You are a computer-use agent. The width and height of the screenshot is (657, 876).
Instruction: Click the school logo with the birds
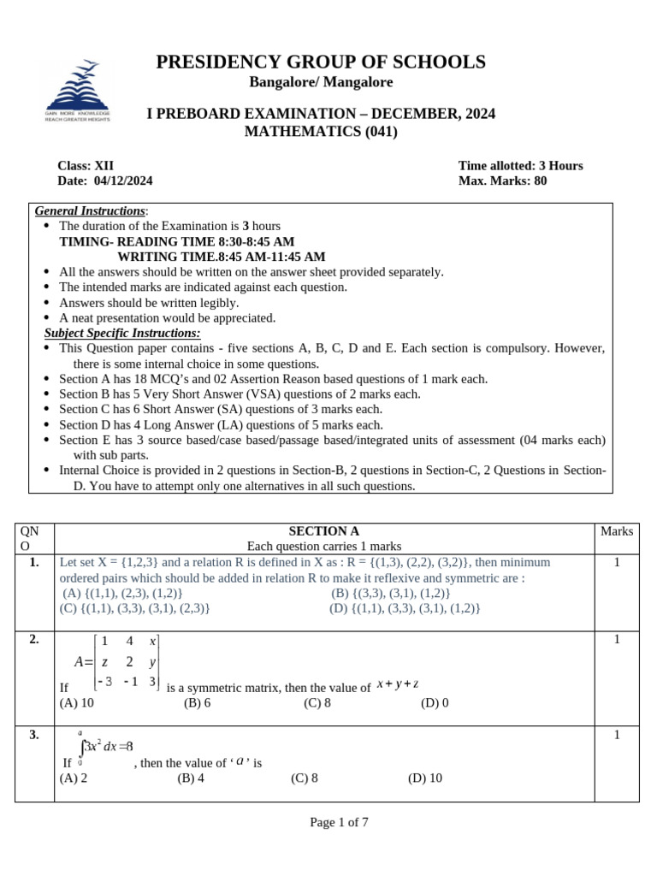pos(77,90)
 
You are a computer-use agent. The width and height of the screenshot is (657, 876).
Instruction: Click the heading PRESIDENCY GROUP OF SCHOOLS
pos(321,62)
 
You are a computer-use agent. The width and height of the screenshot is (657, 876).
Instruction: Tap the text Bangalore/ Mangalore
pos(321,82)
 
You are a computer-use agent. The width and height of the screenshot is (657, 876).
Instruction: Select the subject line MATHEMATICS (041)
pos(321,132)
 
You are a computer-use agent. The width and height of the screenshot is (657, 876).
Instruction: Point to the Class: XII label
pos(86,165)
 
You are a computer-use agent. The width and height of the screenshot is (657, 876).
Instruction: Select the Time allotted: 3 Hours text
pos(520,165)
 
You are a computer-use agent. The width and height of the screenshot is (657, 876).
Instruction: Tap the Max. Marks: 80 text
pos(502,181)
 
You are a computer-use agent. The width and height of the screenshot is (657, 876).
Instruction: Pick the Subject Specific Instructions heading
pos(122,333)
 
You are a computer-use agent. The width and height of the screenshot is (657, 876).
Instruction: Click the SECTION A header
pos(324,531)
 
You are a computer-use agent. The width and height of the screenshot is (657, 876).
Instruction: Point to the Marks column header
pos(617,531)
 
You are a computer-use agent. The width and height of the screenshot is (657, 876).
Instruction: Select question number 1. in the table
pos(34,562)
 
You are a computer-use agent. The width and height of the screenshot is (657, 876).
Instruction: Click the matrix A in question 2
pos(117,661)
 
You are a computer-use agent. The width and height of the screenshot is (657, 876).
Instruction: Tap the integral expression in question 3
pos(104,746)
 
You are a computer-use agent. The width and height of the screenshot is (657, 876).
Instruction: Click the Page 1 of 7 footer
pos(339,822)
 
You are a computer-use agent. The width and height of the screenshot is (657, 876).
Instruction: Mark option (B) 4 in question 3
pos(191,778)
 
